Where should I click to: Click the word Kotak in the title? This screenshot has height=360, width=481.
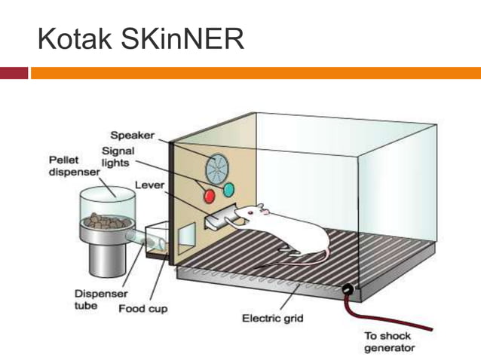pos(72,38)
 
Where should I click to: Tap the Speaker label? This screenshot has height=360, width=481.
pos(132,136)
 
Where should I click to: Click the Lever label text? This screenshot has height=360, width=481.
pos(149,185)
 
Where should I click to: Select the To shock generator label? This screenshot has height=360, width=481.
pos(389,342)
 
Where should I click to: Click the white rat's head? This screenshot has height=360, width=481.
pos(253,214)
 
